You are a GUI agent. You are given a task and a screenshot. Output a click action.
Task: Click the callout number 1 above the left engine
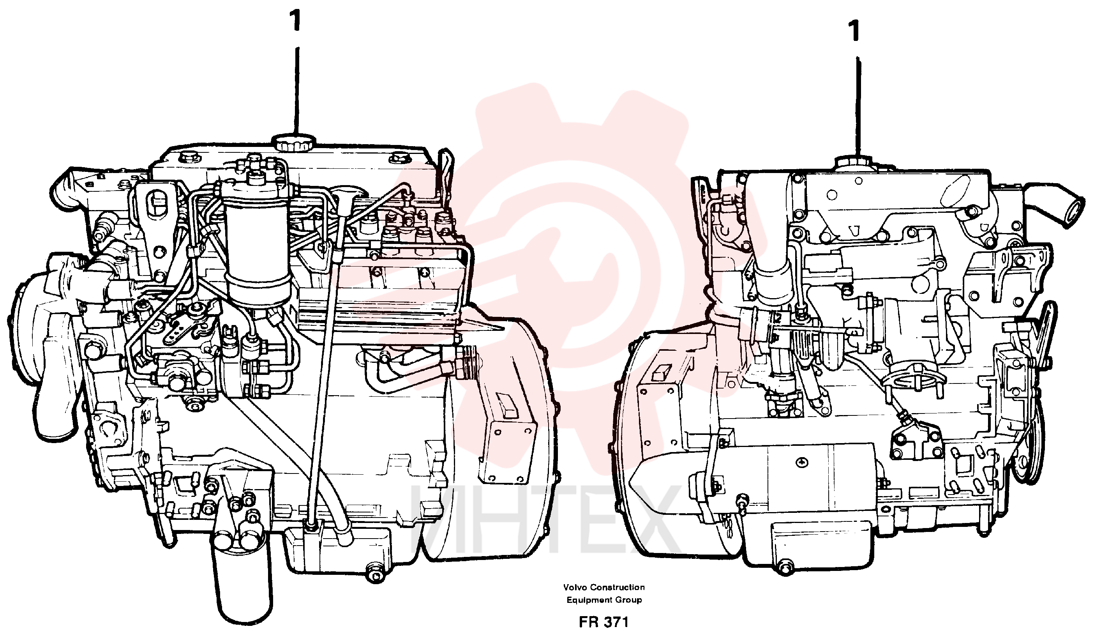296,21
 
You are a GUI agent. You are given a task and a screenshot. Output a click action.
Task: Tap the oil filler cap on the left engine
294,142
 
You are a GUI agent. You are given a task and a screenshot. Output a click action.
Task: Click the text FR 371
603,622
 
